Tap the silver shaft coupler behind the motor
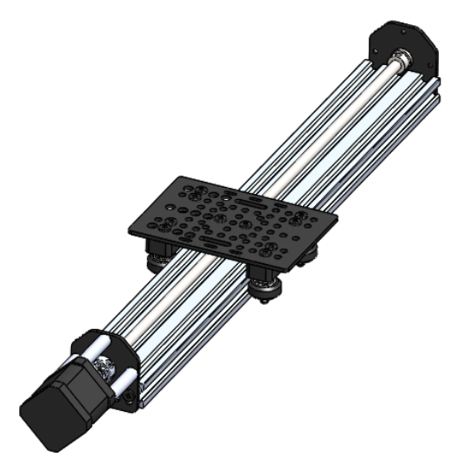click(104, 367)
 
